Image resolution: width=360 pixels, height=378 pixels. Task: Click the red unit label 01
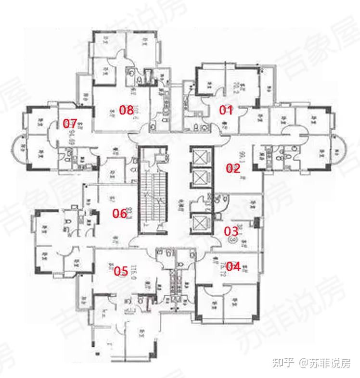[226, 110]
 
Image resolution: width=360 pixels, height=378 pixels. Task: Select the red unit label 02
[233, 168]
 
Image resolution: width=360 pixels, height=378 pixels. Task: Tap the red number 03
[231, 230]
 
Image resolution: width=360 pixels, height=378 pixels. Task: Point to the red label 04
[233, 266]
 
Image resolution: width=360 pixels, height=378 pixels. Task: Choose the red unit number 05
[121, 272]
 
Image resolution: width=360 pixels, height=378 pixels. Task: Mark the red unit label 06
[119, 214]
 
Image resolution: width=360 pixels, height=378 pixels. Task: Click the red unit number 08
[126, 110]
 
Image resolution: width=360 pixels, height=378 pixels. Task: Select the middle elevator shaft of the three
[200, 178]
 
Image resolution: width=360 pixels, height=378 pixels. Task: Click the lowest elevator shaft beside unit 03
[200, 222]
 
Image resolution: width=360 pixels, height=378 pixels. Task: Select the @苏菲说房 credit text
[324, 362]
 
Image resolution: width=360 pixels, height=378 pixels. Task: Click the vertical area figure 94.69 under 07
[70, 136]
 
